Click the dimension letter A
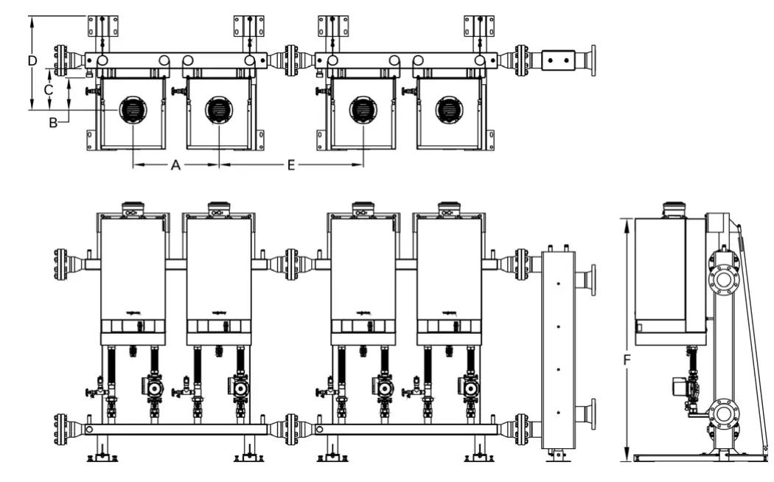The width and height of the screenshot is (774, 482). (x=175, y=166)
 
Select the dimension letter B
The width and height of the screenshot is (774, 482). (x=53, y=122)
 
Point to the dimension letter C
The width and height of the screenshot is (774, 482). (x=48, y=89)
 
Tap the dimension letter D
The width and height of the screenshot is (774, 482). (x=32, y=60)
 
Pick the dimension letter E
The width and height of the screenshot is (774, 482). (x=291, y=166)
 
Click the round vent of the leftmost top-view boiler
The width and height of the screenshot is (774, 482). (x=133, y=111)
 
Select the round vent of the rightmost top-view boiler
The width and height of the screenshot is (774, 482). (x=448, y=111)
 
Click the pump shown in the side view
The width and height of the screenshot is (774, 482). (x=680, y=387)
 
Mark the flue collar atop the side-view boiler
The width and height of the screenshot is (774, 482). (x=674, y=209)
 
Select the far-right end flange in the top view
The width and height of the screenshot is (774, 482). (x=592, y=60)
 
